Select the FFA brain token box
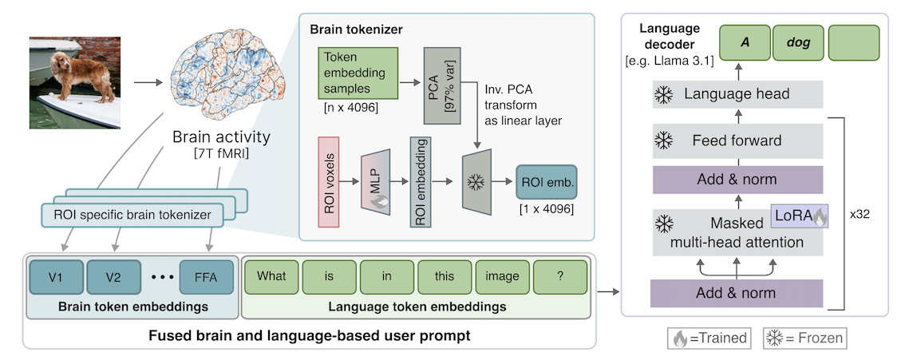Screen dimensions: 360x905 click(207, 277)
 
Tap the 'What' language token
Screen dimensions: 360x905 click(271, 277)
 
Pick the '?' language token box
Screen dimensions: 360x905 click(560, 277)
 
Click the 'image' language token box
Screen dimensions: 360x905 click(502, 277)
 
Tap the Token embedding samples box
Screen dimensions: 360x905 click(358, 73)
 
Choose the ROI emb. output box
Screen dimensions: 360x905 click(547, 182)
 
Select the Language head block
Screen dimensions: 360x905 click(737, 94)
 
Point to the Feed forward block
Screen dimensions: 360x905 click(737, 140)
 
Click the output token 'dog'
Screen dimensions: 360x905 click(798, 43)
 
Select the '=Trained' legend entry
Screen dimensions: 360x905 click(709, 338)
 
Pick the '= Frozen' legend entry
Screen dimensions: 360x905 click(803, 338)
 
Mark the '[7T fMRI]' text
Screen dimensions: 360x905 click(221, 156)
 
